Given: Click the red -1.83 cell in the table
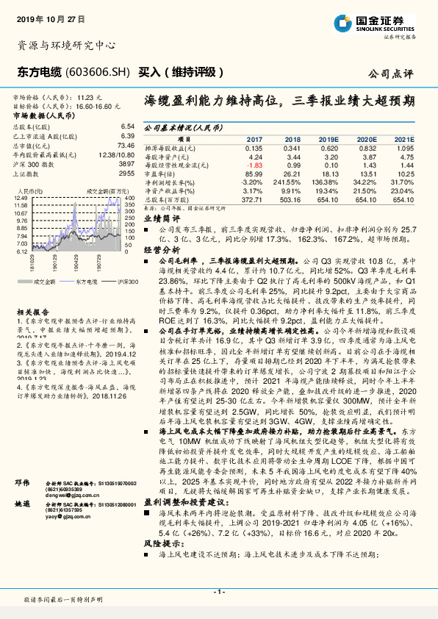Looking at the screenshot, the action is tap(254, 165).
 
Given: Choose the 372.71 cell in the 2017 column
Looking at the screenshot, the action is tap(252, 197).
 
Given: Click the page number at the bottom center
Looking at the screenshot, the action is tap(218, 590).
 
